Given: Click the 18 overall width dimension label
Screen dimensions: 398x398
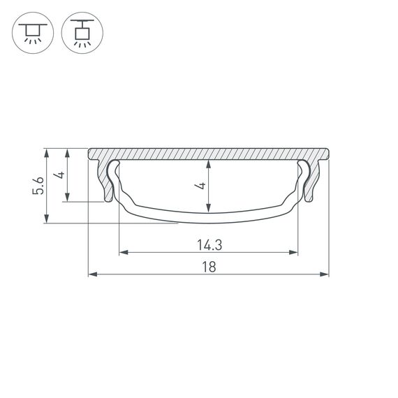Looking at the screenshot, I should pyautogui.click(x=208, y=266).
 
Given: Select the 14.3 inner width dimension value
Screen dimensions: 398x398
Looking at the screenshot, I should pyautogui.click(x=208, y=244).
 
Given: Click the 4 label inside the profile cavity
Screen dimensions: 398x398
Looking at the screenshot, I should pyautogui.click(x=200, y=185).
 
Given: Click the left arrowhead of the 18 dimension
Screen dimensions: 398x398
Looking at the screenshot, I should pyautogui.click(x=91, y=274).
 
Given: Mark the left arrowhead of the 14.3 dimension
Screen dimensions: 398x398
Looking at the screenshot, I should pyautogui.click(x=122, y=253).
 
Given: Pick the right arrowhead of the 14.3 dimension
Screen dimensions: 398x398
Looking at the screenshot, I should pyautogui.click(x=295, y=253).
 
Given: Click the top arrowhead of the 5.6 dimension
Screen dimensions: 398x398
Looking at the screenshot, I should pyautogui.click(x=47, y=151).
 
